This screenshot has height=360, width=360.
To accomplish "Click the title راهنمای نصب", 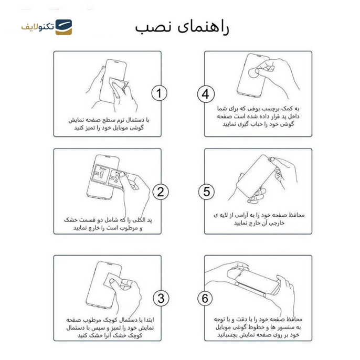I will click(182, 27).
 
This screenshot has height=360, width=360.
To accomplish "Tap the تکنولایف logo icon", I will click(63, 27).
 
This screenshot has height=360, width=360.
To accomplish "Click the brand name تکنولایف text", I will click(37, 27).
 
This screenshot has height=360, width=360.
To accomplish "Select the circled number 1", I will click(159, 93).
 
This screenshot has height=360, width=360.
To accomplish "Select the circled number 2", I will click(160, 192).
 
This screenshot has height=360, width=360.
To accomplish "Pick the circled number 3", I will click(161, 299).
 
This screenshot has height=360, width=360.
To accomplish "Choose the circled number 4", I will click(206, 94).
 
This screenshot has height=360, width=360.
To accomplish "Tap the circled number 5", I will click(206, 192).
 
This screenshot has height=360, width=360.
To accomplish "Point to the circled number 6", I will click(205, 299).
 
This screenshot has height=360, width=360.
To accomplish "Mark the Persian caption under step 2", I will click(109, 223).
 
